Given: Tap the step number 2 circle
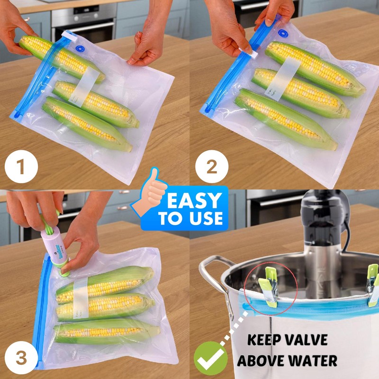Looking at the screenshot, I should coord(212,167).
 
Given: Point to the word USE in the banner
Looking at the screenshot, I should coord(205,218).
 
